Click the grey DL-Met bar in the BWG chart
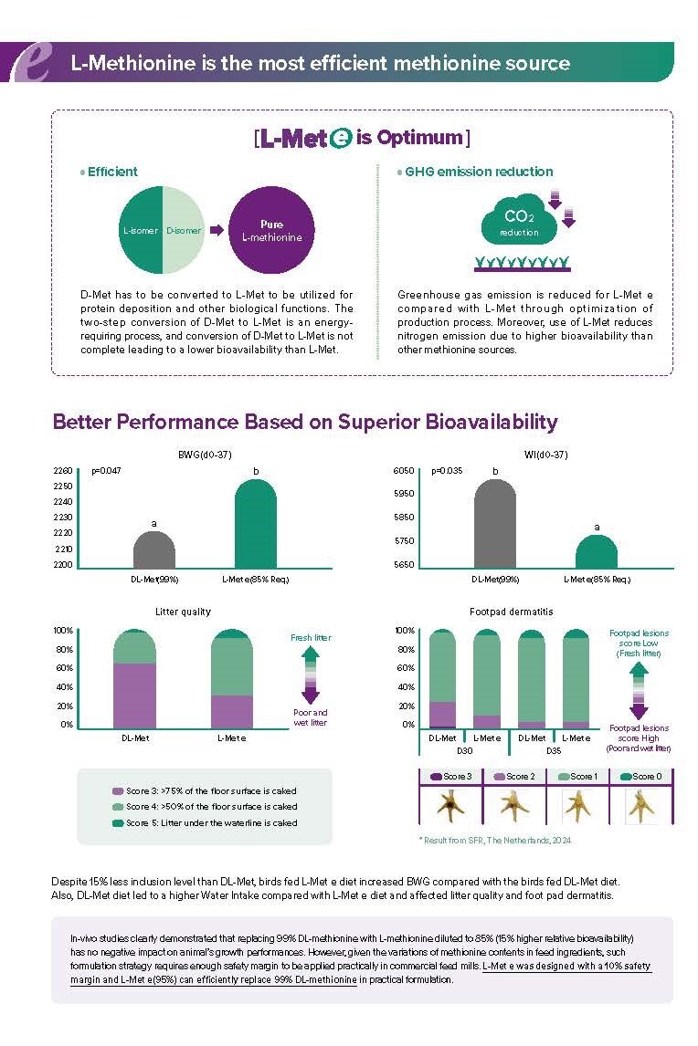(x=154, y=549)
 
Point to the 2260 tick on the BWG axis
(x=63, y=471)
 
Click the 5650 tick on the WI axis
(x=403, y=565)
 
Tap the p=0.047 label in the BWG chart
(x=106, y=471)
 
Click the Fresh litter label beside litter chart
(x=310, y=637)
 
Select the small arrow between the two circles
(x=217, y=230)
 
